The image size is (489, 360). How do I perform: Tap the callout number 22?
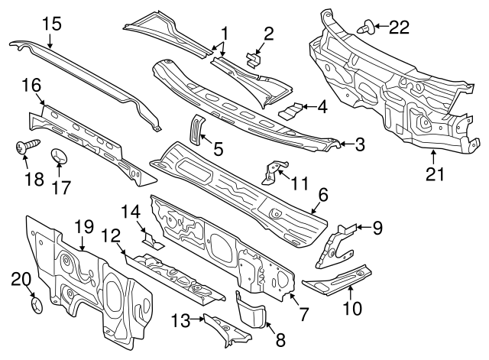(399, 28)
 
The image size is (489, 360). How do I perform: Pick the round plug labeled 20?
(35, 305)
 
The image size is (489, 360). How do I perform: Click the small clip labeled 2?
(254, 59)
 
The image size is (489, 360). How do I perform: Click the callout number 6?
(323, 196)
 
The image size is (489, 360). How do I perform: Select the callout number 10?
(351, 310)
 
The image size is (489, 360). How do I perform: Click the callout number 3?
(360, 143)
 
